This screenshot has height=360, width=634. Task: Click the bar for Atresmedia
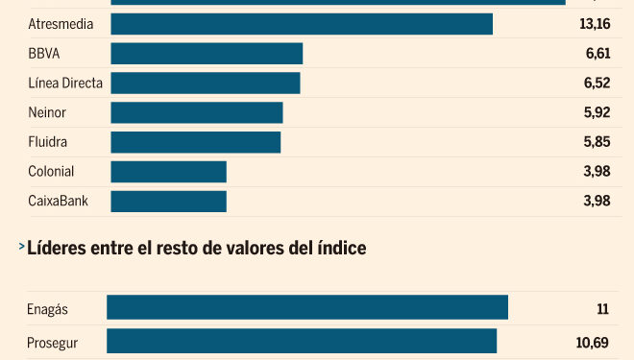coord(302,24)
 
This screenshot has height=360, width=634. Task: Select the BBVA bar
coord(207,54)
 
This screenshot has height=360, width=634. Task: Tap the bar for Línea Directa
coord(206,84)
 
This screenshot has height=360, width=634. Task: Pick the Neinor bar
coord(197,113)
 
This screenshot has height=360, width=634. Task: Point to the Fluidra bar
coord(196,142)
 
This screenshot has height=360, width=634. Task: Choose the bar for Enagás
coord(307,308)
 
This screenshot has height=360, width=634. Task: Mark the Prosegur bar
coord(302,342)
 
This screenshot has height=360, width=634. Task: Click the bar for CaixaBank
coord(169,201)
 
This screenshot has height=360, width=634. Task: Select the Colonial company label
coord(52,172)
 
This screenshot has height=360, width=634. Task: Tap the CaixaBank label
coord(59,201)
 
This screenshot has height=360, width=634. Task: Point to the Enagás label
coord(49,309)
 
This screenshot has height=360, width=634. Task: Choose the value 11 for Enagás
coord(603,309)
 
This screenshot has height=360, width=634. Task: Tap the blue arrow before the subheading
coord(21,248)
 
